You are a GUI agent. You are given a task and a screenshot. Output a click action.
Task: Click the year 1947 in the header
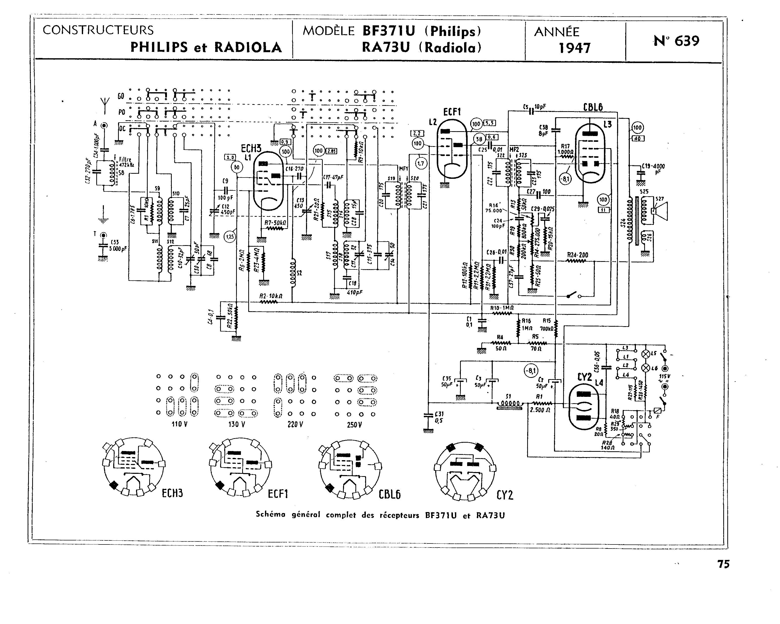click(x=575, y=48)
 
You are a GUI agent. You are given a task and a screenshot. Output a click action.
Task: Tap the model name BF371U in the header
click(x=389, y=31)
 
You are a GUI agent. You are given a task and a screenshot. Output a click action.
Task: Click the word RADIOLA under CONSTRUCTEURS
click(x=248, y=47)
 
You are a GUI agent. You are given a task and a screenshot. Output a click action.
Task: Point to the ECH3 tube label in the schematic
click(x=251, y=148)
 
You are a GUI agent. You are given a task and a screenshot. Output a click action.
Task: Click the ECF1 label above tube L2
click(x=452, y=112)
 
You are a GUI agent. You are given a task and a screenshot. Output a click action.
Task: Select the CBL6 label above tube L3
click(x=593, y=107)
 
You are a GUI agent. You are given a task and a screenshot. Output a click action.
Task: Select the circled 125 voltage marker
click(x=230, y=237)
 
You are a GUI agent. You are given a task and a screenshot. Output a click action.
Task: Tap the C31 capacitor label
click(x=439, y=414)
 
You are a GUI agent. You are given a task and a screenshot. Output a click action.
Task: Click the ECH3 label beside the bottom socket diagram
click(x=172, y=493)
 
